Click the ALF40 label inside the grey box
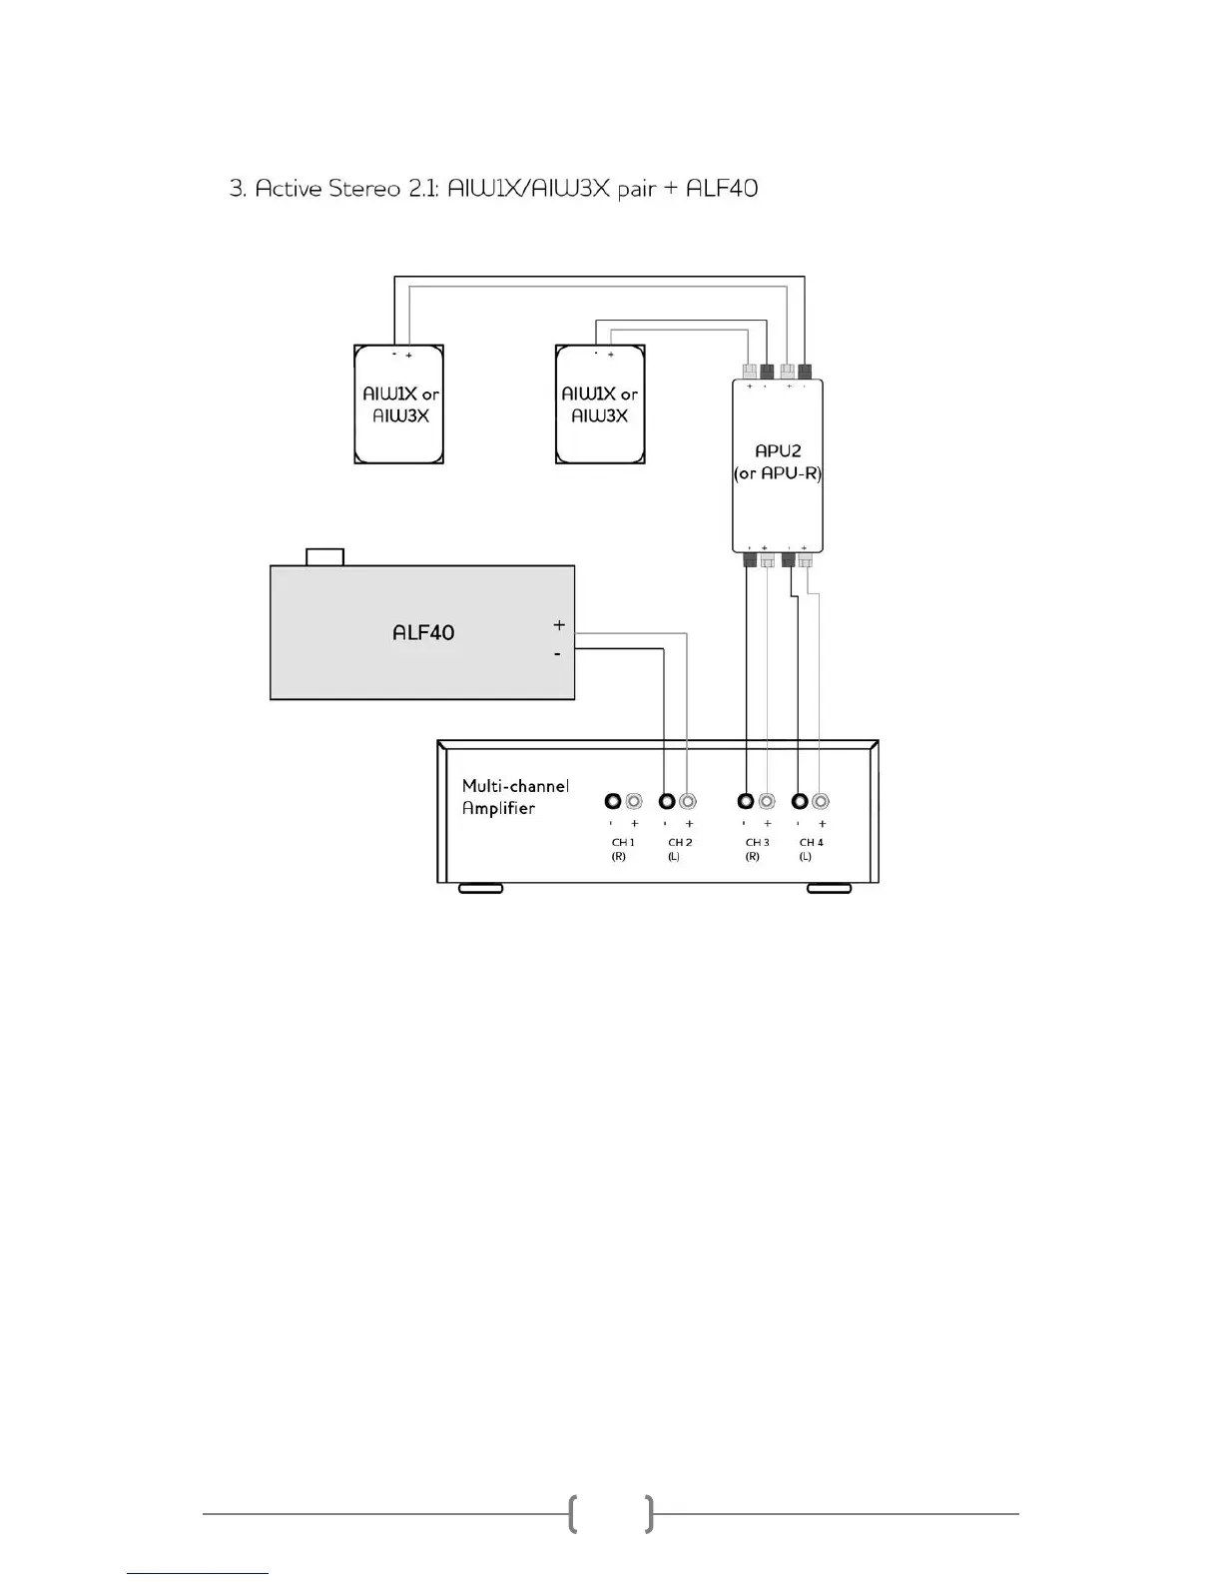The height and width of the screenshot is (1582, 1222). pyautogui.click(x=423, y=632)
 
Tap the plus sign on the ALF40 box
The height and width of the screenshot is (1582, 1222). pyautogui.click(x=559, y=625)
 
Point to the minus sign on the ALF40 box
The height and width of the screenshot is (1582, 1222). pyautogui.click(x=557, y=654)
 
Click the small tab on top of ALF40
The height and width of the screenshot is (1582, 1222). pyautogui.click(x=324, y=556)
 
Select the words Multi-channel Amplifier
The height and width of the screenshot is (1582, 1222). pyautogui.click(x=515, y=797)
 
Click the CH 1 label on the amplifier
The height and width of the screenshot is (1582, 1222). pyautogui.click(x=623, y=843)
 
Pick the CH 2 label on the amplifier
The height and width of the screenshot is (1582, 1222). pyautogui.click(x=680, y=843)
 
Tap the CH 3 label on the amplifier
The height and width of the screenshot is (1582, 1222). pyautogui.click(x=758, y=843)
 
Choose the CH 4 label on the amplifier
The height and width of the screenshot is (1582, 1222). pyautogui.click(x=812, y=843)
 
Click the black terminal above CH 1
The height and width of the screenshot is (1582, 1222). pyautogui.click(x=613, y=801)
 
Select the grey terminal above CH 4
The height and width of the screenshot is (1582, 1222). pyautogui.click(x=821, y=801)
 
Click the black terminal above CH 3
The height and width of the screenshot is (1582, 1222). pyautogui.click(x=745, y=801)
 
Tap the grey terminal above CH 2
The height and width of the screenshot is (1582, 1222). pyautogui.click(x=687, y=801)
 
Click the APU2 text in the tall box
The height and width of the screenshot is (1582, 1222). pyautogui.click(x=778, y=451)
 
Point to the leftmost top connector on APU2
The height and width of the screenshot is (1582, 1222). pyautogui.click(x=750, y=371)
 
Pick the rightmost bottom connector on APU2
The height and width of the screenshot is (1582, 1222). pyautogui.click(x=805, y=560)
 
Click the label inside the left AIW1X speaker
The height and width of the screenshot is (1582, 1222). pyautogui.click(x=400, y=404)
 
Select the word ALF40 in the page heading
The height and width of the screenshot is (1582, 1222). pyautogui.click(x=722, y=188)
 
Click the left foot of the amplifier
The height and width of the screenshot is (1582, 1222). pyautogui.click(x=480, y=888)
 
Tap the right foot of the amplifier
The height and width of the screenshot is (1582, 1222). pyautogui.click(x=829, y=888)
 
